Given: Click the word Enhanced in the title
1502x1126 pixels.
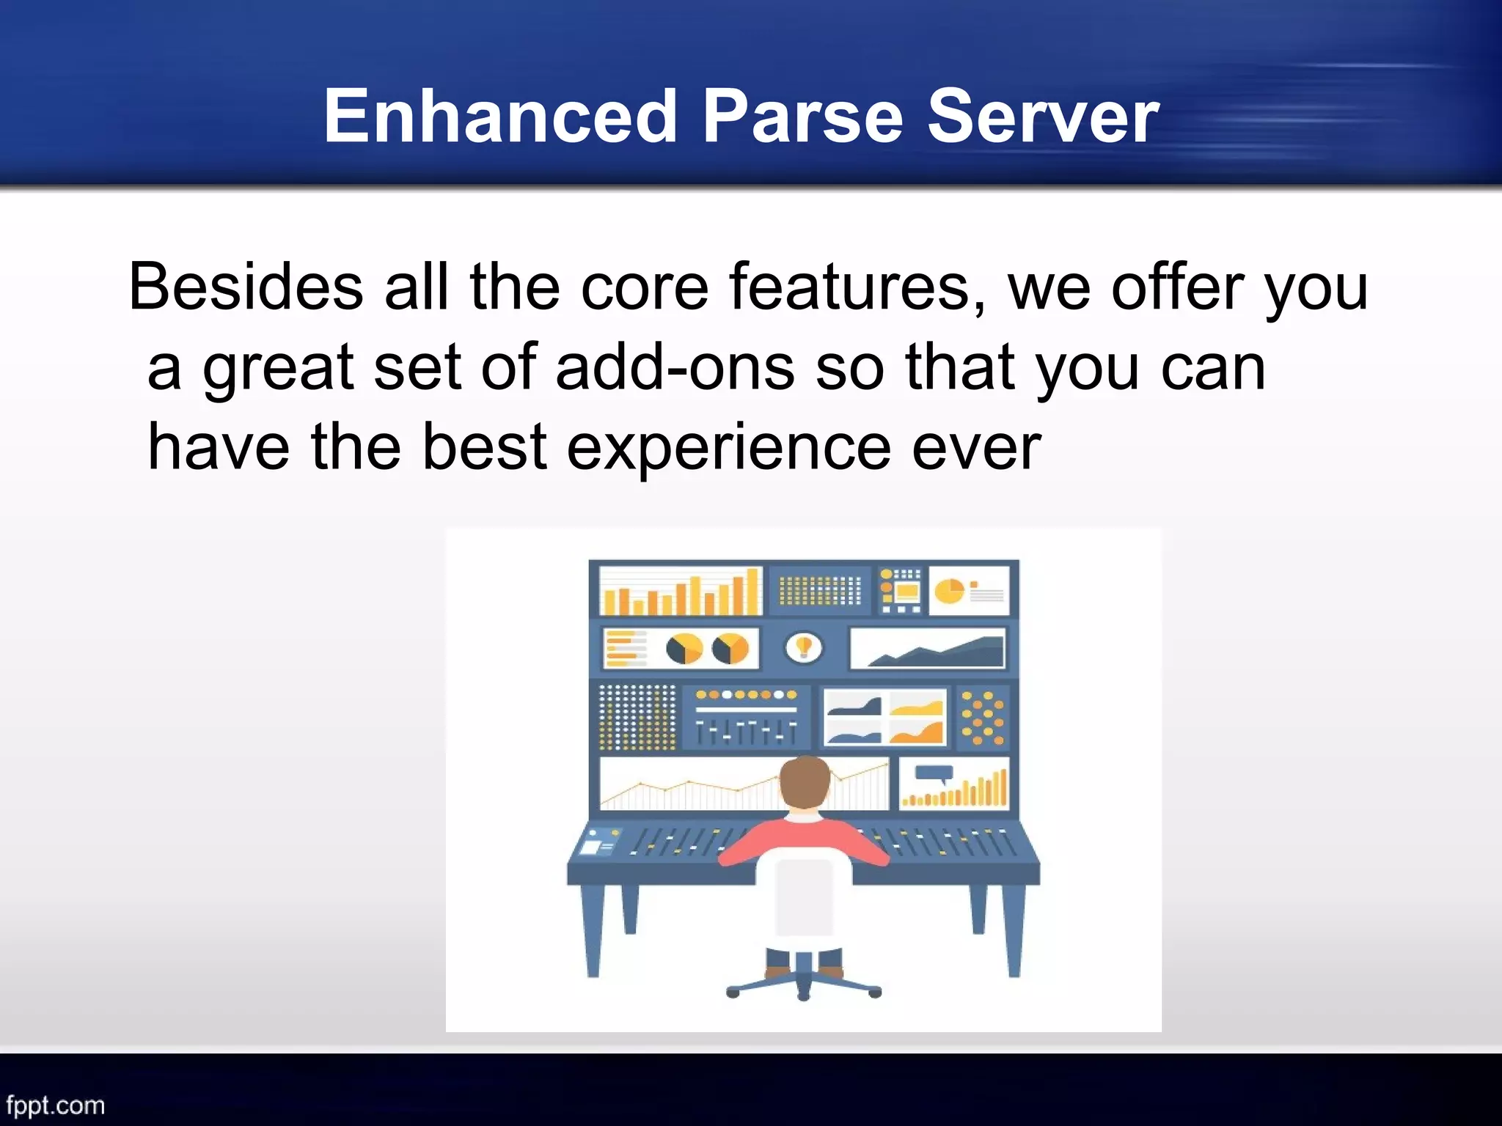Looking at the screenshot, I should tap(500, 117).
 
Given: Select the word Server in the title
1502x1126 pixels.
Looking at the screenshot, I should tap(1042, 117).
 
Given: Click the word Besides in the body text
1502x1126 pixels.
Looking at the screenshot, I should tap(246, 287).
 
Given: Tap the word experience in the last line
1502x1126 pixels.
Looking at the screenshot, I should tap(729, 447).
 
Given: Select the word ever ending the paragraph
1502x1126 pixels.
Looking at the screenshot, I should tap(975, 447).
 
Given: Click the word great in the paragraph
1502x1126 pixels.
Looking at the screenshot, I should tap(279, 369).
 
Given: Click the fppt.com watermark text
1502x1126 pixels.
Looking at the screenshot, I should tap(56, 1105).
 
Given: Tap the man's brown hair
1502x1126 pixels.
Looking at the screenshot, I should tap(805, 779).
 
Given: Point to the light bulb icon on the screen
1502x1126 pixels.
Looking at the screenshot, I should tap(805, 647).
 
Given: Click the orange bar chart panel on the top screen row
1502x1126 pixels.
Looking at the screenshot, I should tap(679, 591).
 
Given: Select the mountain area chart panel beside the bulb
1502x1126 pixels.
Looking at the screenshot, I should tap(928, 649).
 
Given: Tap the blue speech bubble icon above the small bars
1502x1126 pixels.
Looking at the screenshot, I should tap(934, 773).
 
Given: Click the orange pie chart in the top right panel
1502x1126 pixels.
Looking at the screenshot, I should tap(949, 590).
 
